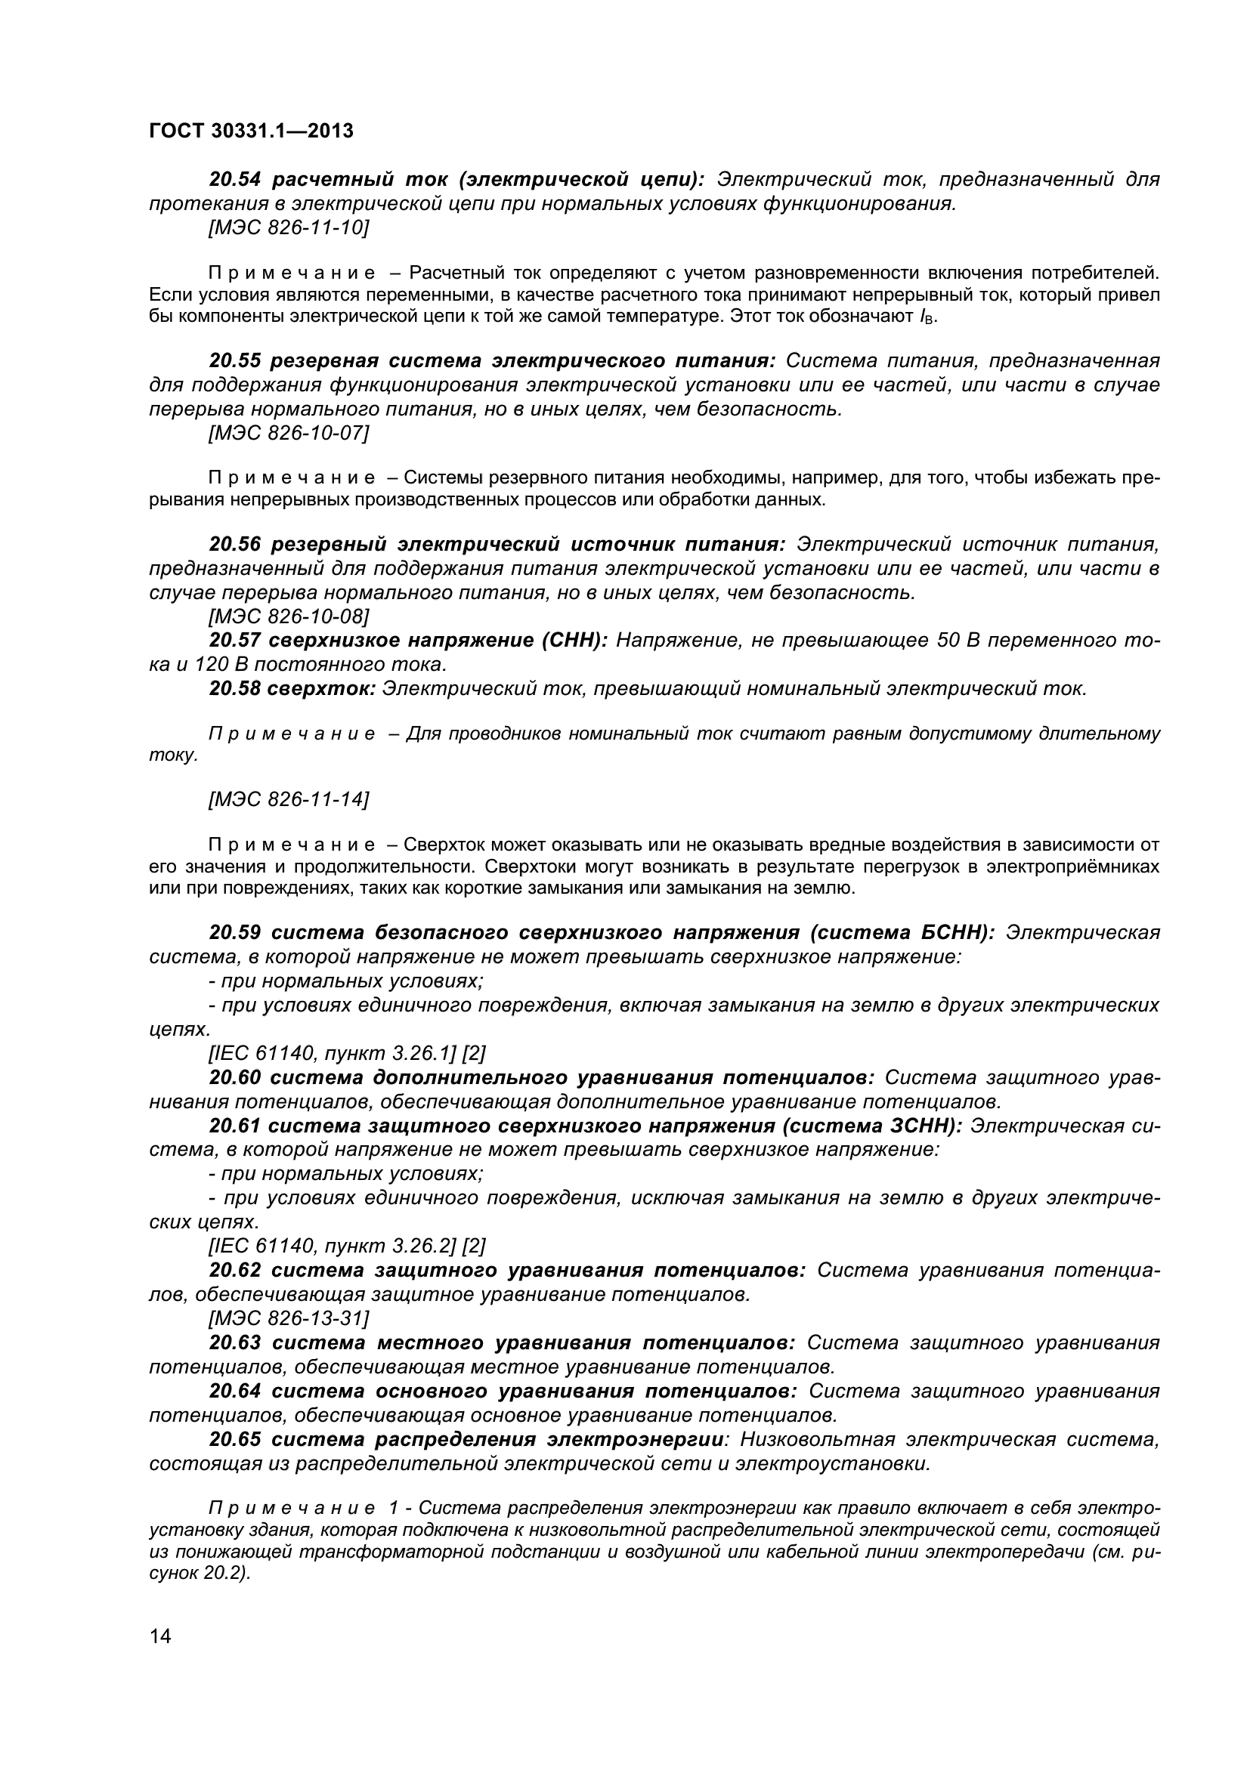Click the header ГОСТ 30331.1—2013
tap(251, 131)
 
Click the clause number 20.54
tap(235, 180)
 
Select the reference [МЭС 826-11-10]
tap(289, 228)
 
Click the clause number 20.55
tap(235, 361)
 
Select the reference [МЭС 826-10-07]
tap(289, 434)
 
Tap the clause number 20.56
tap(235, 545)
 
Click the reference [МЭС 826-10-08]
tap(289, 616)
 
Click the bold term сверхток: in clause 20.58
tap(321, 689)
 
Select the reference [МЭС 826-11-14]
tap(289, 800)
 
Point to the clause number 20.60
tap(235, 1077)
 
